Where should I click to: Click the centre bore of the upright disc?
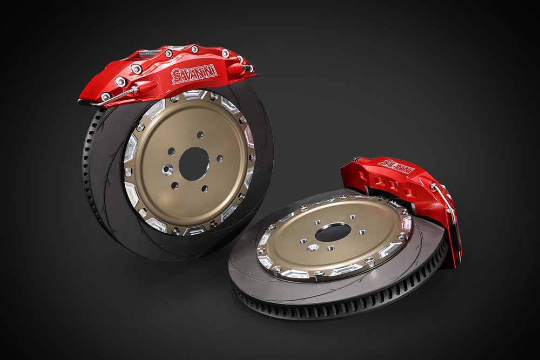(x=194, y=164)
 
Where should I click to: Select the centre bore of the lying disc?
(x=333, y=232)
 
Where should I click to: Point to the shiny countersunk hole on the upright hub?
(x=168, y=169)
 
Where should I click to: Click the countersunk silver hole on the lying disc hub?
(x=312, y=247)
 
